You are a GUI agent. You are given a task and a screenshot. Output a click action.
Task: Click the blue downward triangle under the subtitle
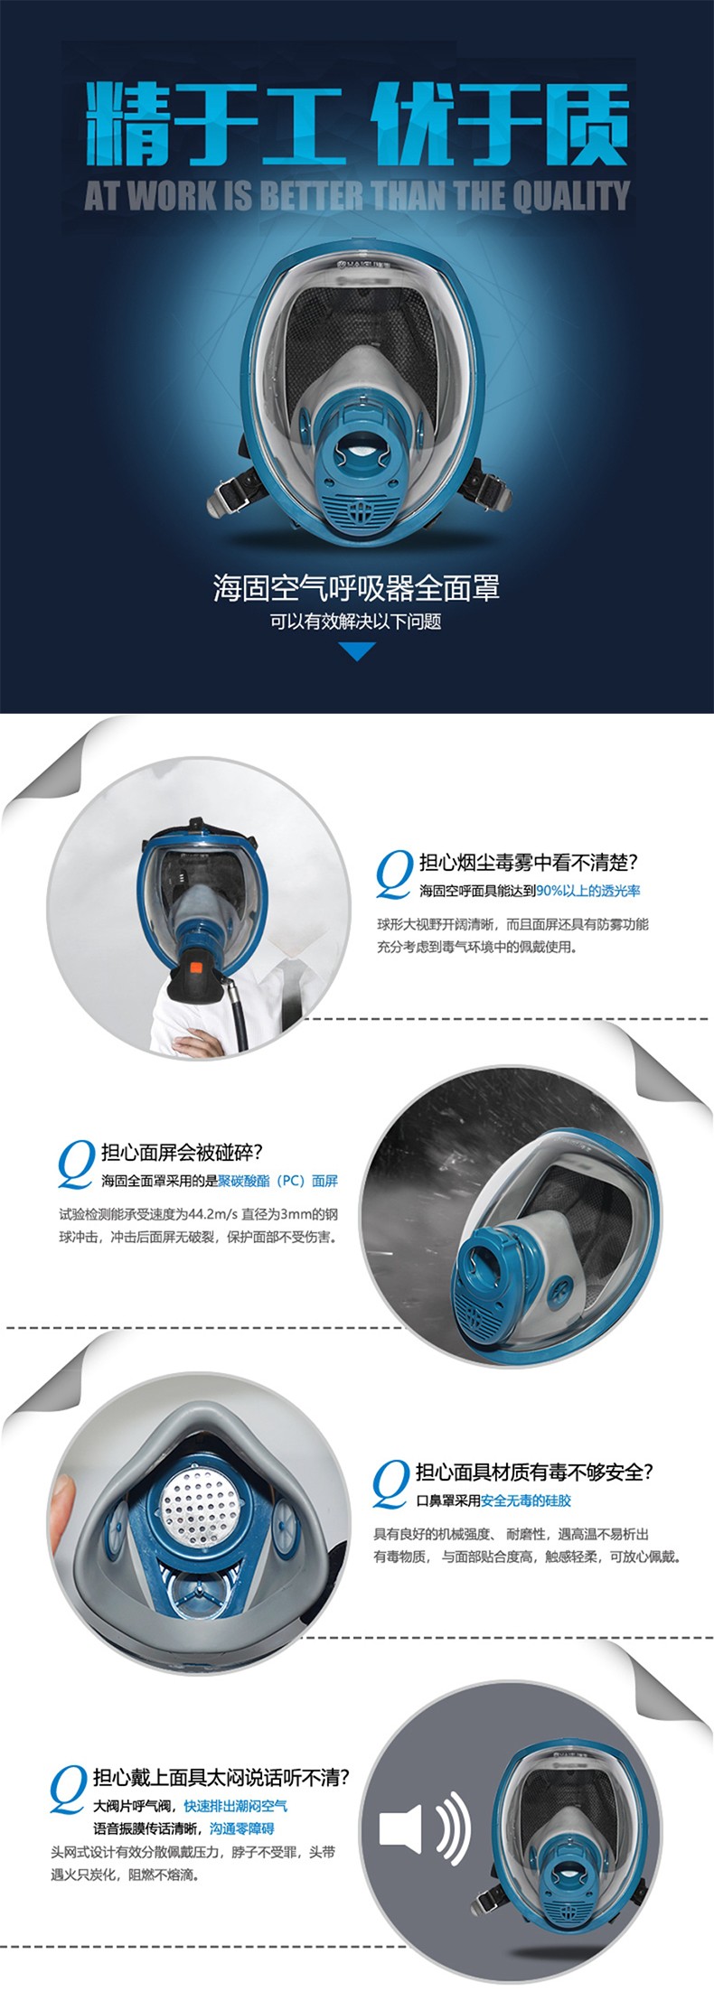coord(356,650)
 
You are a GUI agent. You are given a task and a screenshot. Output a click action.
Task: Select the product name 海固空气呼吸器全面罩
coord(356,589)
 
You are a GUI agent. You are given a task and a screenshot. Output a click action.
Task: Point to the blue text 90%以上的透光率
coord(588,891)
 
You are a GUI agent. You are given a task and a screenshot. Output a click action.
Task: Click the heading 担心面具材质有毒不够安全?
coord(533,1473)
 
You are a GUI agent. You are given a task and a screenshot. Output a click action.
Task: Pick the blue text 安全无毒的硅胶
coord(526,1501)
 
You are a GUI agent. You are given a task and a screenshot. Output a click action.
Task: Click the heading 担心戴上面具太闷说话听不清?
coord(221,1778)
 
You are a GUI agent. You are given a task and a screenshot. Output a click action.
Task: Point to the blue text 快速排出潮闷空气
coord(236,1806)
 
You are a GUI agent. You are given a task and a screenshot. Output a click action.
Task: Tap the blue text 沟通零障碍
coord(241,1828)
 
